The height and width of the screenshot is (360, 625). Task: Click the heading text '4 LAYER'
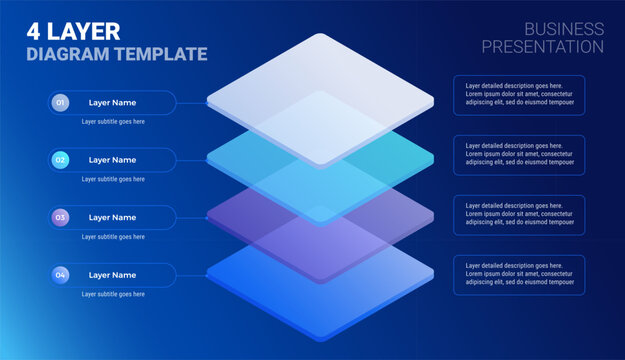tap(72, 31)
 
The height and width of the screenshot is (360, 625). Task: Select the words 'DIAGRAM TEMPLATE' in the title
tap(117, 54)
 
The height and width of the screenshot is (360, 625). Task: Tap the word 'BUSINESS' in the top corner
tap(563, 29)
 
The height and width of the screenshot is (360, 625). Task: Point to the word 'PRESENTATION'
tap(542, 47)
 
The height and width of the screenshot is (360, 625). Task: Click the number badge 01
tap(61, 103)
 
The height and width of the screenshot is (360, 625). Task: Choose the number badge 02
tap(61, 160)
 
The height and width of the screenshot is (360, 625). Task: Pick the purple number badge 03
tap(61, 217)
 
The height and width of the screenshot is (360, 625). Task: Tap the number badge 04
tap(61, 275)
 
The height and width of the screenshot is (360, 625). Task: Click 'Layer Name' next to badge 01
tap(112, 103)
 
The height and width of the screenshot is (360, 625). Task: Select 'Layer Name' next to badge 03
tap(112, 217)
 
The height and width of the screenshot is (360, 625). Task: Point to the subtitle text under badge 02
tap(113, 179)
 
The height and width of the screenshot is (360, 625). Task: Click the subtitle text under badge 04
tap(113, 294)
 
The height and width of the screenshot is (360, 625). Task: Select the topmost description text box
tap(519, 95)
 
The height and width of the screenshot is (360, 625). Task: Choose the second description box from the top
tap(519, 155)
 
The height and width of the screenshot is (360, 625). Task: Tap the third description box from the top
tap(519, 215)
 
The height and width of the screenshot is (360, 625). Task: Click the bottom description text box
tap(519, 275)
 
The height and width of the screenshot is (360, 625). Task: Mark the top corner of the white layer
tap(320, 35)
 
